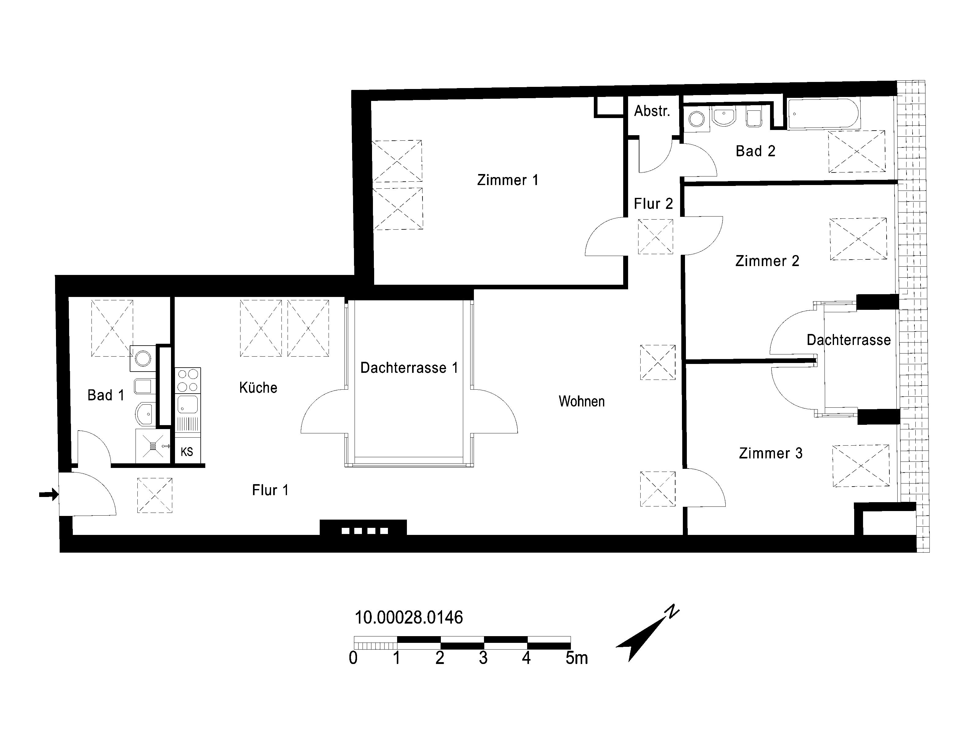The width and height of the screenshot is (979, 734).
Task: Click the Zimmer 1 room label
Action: pos(508,180)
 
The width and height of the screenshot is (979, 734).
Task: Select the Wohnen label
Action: pos(582,401)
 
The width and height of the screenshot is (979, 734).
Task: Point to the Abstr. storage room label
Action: pos(652,111)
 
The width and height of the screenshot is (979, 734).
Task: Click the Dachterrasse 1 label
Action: pos(409,368)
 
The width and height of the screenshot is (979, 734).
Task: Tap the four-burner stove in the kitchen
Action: pos(188,380)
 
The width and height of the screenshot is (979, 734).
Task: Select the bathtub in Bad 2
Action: pos(823,114)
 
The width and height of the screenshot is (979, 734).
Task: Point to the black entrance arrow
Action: pos(49,494)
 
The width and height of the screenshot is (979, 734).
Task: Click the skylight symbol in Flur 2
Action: pos(655,237)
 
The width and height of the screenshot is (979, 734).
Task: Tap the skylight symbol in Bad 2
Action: pos(857,151)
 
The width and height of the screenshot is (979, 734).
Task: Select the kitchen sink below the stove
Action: pos(188,404)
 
